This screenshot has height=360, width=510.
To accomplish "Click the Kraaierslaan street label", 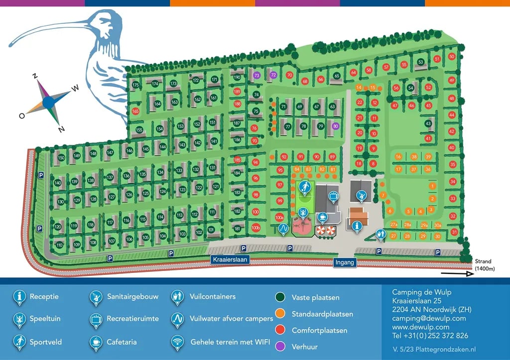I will [230, 260].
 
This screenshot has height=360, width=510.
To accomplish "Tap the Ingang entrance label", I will [345, 263].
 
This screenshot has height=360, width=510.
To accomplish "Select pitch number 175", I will [135, 86].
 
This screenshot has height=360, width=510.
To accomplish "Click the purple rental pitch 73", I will [256, 75].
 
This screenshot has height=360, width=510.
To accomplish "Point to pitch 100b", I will [255, 228].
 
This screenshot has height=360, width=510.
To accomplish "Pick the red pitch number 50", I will [452, 57].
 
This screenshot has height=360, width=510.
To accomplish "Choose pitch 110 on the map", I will [59, 245].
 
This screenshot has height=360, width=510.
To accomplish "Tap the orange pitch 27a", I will [393, 225].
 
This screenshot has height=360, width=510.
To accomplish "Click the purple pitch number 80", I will [336, 126].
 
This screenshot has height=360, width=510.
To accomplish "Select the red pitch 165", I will [135, 111].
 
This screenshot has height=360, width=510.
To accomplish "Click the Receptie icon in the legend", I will [19, 297].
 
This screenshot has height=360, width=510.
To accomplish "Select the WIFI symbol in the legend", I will [177, 342].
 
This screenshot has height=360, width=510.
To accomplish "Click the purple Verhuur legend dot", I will [280, 347].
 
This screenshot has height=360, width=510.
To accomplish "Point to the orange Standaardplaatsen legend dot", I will [280, 314].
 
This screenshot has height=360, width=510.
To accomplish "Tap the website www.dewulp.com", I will [421, 327].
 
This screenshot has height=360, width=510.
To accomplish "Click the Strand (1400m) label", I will [483, 265].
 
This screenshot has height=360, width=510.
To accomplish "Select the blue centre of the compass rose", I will [48, 102].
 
